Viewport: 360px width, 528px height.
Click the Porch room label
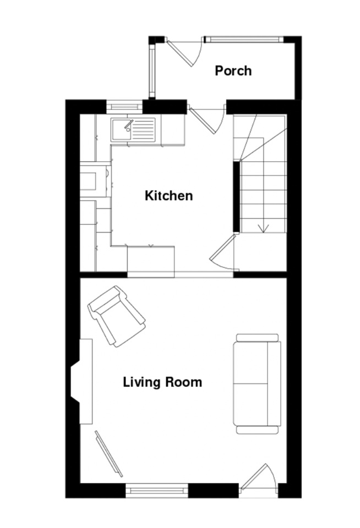233,71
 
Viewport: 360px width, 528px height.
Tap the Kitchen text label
168,196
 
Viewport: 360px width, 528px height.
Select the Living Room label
162,382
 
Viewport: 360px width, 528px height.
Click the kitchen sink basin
121,130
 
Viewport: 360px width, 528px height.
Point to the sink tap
128,125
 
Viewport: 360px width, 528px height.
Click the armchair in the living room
117,316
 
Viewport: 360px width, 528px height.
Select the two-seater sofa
257,384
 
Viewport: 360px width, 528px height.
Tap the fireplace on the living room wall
81,381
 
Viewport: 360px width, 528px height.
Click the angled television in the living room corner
108,454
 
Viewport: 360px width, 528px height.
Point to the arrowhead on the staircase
263,228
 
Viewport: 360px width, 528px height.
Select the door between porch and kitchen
207,119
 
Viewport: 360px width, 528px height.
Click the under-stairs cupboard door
223,252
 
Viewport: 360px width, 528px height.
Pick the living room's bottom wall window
157,490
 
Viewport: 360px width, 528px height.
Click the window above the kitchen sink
124,107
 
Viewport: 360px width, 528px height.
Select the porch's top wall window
244,40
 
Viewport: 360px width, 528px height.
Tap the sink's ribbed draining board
143,130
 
